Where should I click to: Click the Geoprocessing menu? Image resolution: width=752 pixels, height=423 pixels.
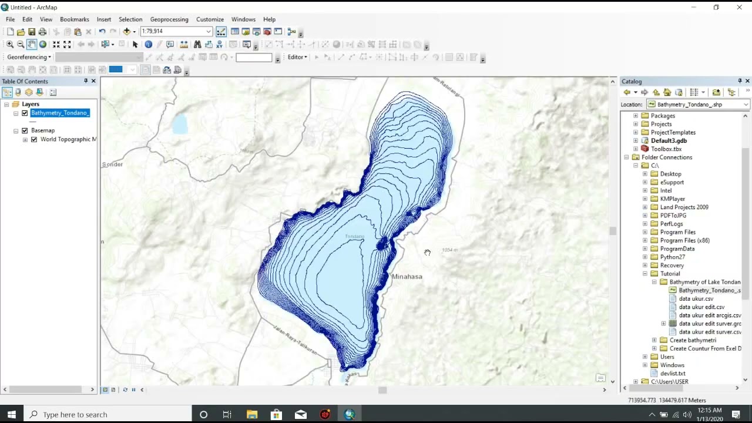click(169, 19)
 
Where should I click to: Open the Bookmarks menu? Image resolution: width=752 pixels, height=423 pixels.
click(75, 19)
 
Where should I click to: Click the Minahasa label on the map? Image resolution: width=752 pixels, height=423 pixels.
click(407, 276)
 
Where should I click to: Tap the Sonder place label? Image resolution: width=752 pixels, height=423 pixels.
click(112, 164)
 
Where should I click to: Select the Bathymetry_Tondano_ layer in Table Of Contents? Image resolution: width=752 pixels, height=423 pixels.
click(60, 113)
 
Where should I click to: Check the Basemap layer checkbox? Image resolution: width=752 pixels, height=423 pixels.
click(25, 130)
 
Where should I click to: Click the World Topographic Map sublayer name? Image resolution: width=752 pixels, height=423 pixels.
click(68, 139)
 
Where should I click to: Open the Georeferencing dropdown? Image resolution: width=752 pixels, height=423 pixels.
click(29, 57)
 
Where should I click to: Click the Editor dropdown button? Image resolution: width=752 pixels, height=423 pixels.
click(297, 57)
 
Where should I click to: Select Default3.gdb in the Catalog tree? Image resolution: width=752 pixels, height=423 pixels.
click(669, 140)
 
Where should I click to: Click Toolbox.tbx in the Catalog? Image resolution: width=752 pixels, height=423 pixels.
click(666, 149)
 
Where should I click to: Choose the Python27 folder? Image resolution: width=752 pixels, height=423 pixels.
click(672, 257)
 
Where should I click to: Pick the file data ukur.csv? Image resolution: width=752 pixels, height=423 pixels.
click(696, 298)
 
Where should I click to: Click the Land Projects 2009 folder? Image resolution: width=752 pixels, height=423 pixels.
click(684, 207)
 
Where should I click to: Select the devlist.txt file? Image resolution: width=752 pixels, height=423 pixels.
click(672, 373)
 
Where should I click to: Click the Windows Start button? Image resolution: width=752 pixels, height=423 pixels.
click(11, 414)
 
